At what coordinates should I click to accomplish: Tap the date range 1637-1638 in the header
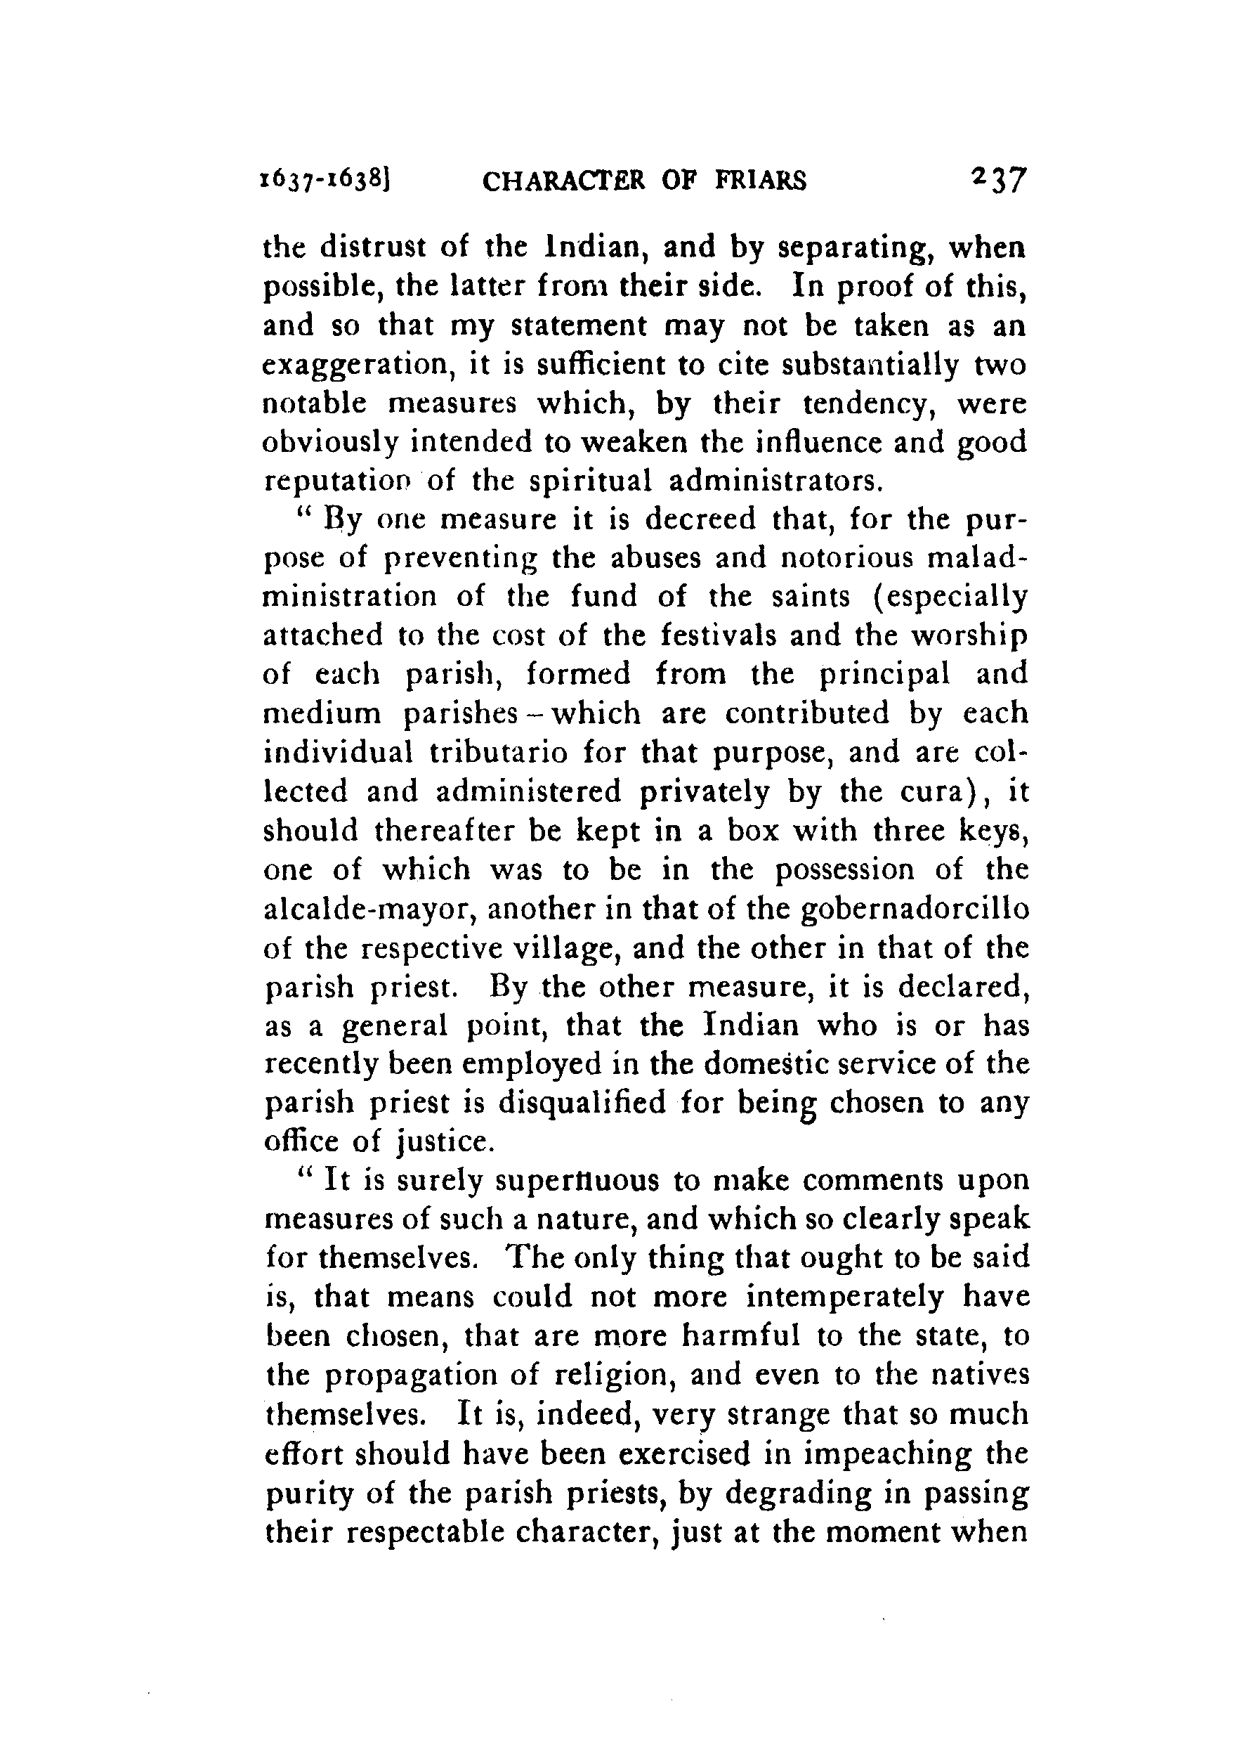coord(327,181)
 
